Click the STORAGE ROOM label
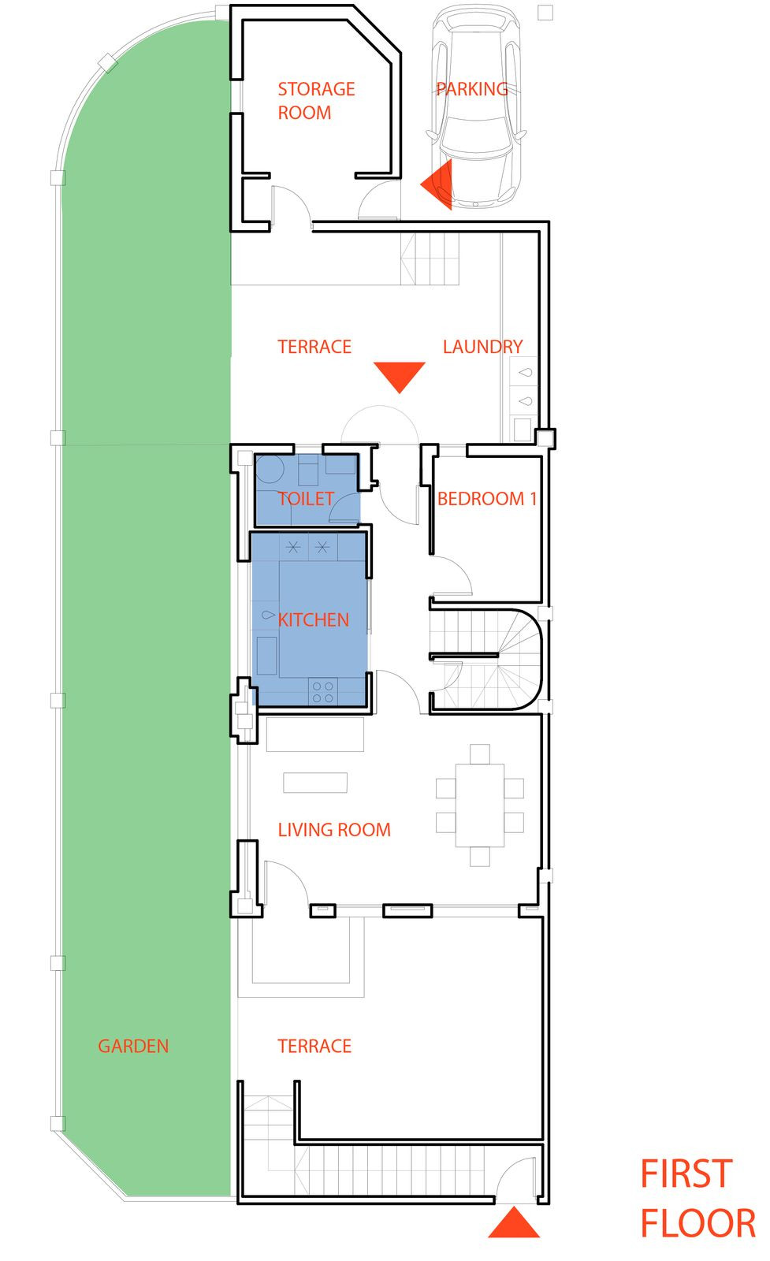316,100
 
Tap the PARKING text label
472,89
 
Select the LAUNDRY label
482,347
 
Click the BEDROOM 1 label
486,498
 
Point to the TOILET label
306,498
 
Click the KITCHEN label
313,619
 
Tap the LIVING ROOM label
334,829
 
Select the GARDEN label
133,1046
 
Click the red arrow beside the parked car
438,185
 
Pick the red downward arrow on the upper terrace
400,375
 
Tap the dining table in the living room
479,805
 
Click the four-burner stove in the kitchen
322,692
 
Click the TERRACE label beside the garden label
314,1046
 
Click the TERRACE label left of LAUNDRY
314,347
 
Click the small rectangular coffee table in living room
315,782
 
